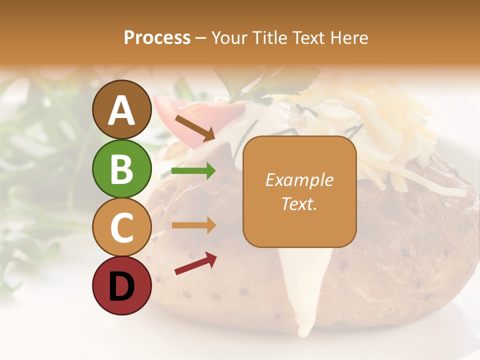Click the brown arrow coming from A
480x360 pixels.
194,127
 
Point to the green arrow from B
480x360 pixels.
193,171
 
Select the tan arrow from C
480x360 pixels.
193,225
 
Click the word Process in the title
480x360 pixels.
157,37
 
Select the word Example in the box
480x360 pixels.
299,180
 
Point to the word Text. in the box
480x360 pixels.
299,203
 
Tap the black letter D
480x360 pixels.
121,286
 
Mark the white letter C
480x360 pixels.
121,228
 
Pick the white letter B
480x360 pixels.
121,169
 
